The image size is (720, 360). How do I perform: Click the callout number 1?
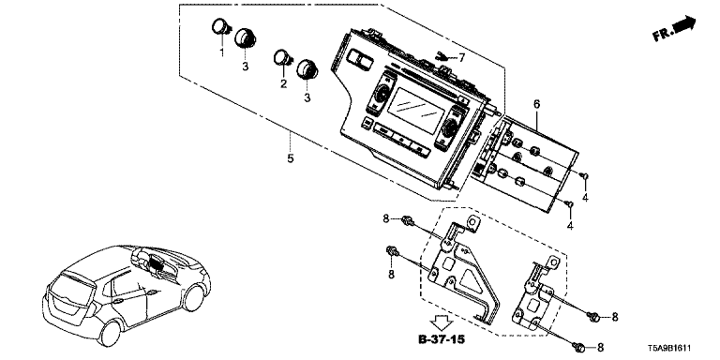(222, 52)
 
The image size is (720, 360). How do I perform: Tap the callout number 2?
(284, 83)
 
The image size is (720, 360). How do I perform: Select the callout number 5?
(291, 158)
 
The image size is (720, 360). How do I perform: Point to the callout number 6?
(536, 104)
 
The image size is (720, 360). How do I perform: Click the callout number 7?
(461, 58)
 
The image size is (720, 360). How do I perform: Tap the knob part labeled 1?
(220, 27)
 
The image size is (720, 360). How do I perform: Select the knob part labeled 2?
(282, 58)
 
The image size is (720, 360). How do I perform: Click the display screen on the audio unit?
(416, 111)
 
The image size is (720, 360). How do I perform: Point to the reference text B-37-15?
(442, 339)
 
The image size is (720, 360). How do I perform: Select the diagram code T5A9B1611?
(669, 349)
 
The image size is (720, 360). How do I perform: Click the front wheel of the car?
(193, 297)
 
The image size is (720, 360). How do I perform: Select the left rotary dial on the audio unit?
(382, 95)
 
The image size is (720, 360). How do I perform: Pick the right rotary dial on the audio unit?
(450, 125)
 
